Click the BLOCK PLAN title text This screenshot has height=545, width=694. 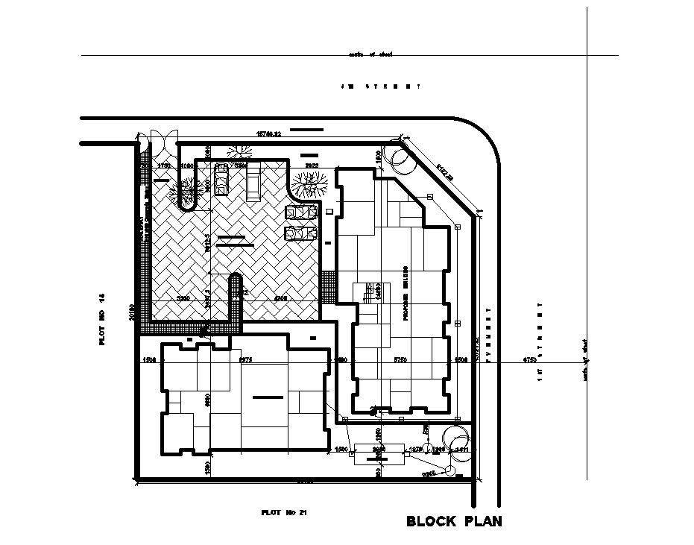pyautogui.click(x=454, y=521)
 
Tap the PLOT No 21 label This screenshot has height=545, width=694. pyautogui.click(x=284, y=512)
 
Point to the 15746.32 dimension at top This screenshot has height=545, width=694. pyautogui.click(x=268, y=134)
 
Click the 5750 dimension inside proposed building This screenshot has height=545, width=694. pyautogui.click(x=401, y=360)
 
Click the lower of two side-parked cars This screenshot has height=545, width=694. pyautogui.click(x=298, y=234)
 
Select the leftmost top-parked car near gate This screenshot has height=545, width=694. pyautogui.click(x=221, y=180)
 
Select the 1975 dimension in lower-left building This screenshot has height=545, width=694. pyautogui.click(x=245, y=360)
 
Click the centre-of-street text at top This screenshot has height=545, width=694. pyautogui.click(x=370, y=54)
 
